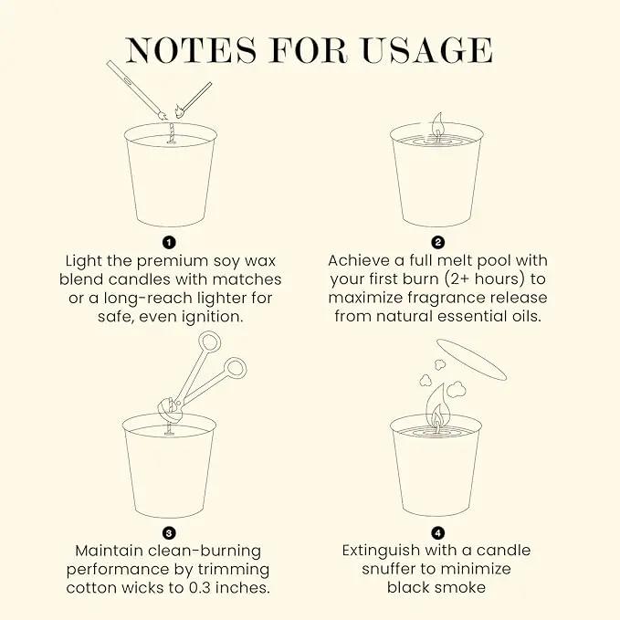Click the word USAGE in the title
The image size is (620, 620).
(x=427, y=50)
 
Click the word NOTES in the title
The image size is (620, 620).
(x=192, y=50)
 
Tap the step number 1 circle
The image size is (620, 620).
(x=169, y=242)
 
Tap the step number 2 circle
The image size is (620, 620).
(x=437, y=242)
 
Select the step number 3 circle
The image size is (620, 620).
(x=169, y=533)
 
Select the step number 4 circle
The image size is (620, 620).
(x=437, y=533)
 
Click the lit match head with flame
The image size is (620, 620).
(x=180, y=111)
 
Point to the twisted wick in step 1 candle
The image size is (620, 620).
(x=172, y=133)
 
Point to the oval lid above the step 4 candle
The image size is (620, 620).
(x=471, y=359)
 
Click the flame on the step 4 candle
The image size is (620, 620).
(x=437, y=408)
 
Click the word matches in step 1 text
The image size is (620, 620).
(x=247, y=279)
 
